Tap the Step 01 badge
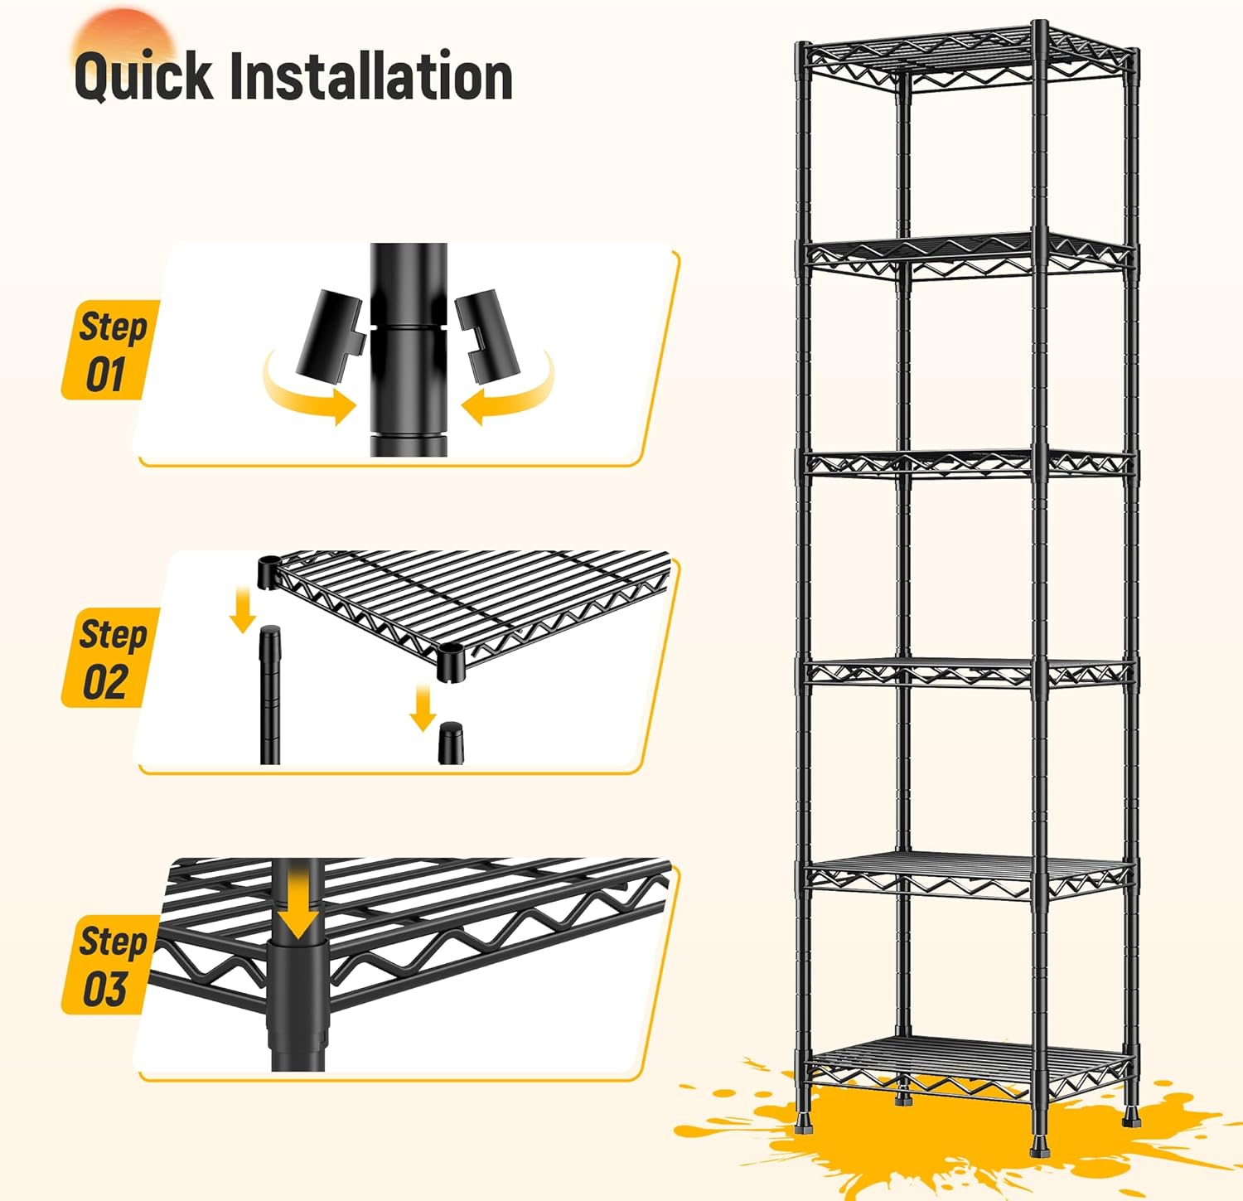tap(109, 350)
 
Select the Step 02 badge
tap(109, 658)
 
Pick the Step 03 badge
tap(109, 965)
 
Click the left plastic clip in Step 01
tap(331, 332)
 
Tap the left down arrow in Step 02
tap(243, 609)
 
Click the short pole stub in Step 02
tap(451, 742)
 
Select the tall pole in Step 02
tap(270, 696)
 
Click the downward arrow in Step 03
tap(297, 908)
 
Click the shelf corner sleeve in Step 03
tap(297, 986)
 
